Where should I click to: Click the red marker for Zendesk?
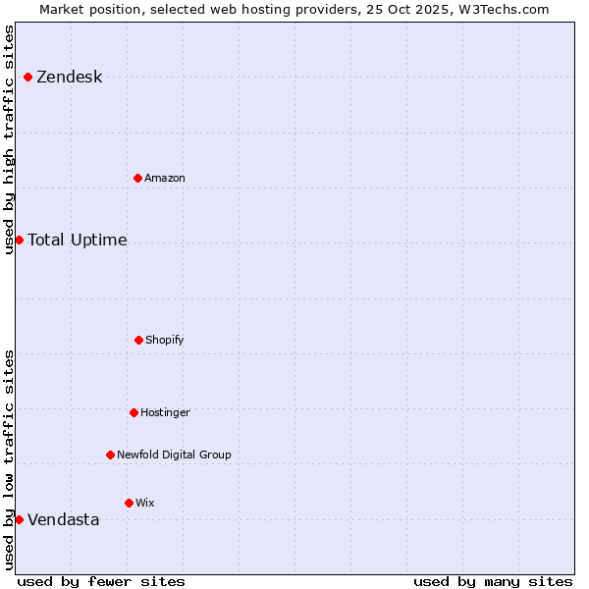pyautogui.click(x=28, y=77)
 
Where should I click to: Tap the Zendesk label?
pyautogui.click(x=69, y=78)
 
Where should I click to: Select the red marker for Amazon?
pyautogui.click(x=138, y=178)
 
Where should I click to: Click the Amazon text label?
pyautogui.click(x=165, y=179)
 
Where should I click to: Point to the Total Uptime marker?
pyautogui.click(x=19, y=240)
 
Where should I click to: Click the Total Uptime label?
pyautogui.click(x=78, y=241)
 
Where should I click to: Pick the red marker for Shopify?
pyautogui.click(x=138, y=340)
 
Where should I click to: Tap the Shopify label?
pyautogui.click(x=165, y=341)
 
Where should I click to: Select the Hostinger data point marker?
pyautogui.click(x=134, y=412)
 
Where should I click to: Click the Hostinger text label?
pyautogui.click(x=165, y=413)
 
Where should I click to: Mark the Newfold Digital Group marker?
pyautogui.click(x=110, y=455)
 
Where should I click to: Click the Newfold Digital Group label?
pyautogui.click(x=174, y=455)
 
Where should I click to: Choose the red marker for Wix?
pyautogui.click(x=129, y=503)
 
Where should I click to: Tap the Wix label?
pyautogui.click(x=145, y=504)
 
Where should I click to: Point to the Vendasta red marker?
pyautogui.click(x=19, y=519)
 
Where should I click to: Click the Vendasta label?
pyautogui.click(x=64, y=520)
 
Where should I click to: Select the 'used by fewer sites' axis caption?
pyautogui.click(x=101, y=581)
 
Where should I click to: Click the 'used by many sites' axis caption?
pyautogui.click(x=493, y=581)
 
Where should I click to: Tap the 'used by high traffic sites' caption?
pyautogui.click(x=10, y=139)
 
